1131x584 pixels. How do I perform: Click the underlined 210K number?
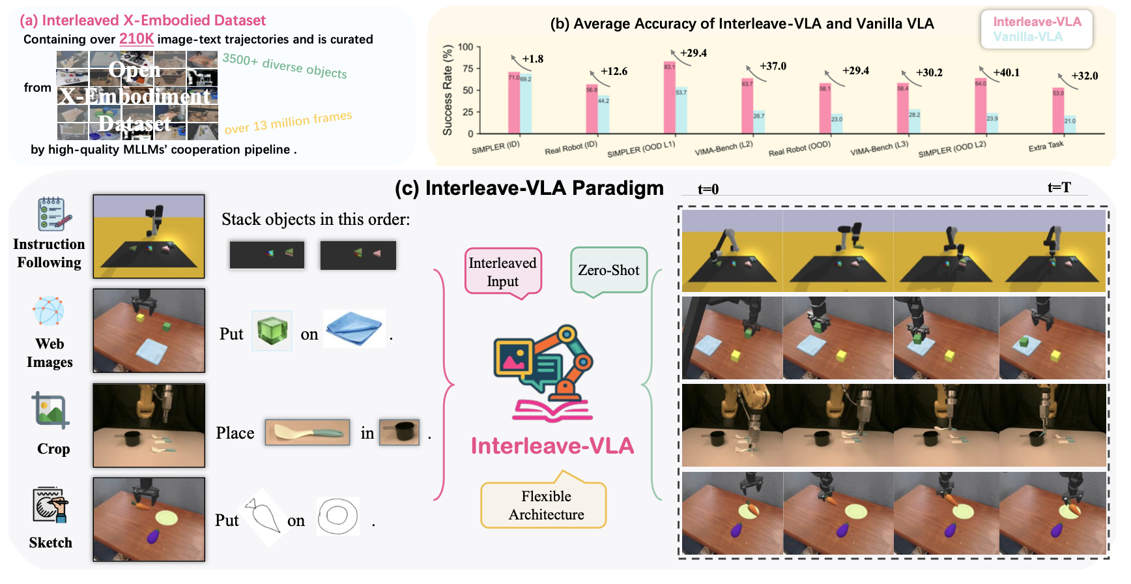click(x=136, y=39)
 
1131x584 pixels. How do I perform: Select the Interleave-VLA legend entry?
click(x=1037, y=22)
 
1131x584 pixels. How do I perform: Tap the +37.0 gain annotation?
click(x=773, y=66)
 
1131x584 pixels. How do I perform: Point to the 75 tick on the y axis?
click(x=467, y=68)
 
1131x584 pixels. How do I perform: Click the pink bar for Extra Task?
click(x=1058, y=111)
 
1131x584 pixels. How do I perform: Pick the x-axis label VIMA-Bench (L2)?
click(x=723, y=148)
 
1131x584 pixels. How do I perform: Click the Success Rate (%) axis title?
click(x=448, y=90)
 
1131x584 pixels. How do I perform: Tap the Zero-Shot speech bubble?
click(x=608, y=270)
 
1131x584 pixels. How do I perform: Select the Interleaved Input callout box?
click(x=502, y=272)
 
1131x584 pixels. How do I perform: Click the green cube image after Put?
click(x=272, y=330)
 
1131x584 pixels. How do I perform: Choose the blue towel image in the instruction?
click(x=354, y=329)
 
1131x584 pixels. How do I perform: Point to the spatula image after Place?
click(x=307, y=432)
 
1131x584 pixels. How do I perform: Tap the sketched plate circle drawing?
click(x=337, y=516)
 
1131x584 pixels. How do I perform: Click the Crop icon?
click(x=51, y=411)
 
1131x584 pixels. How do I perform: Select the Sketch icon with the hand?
click(x=50, y=505)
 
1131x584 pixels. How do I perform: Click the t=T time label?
click(x=1059, y=188)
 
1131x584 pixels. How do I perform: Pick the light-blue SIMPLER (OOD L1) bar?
click(x=681, y=110)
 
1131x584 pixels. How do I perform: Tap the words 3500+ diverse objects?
click(x=284, y=66)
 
